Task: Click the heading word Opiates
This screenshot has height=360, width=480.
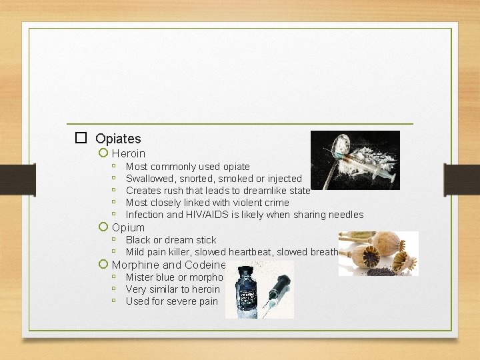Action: point(118,139)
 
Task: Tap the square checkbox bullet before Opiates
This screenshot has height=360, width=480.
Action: point(81,138)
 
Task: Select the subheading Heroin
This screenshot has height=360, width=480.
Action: point(128,153)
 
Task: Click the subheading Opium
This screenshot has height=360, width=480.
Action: point(128,227)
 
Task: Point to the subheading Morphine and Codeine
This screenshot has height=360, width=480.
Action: point(169,265)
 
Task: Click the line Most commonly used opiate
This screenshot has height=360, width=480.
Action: point(187,167)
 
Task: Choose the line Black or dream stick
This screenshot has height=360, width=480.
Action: point(171,240)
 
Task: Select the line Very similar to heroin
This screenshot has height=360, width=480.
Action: point(172,289)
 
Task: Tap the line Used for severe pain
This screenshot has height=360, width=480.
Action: point(171,301)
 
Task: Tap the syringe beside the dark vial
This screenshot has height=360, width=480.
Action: point(275,297)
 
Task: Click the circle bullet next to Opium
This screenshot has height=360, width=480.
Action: point(103,227)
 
